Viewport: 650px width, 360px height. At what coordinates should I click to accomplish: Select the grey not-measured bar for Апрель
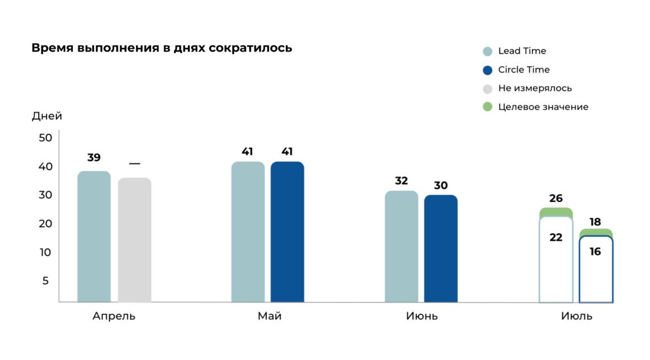tap(134, 240)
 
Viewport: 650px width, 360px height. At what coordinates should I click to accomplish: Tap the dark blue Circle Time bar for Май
tap(287, 232)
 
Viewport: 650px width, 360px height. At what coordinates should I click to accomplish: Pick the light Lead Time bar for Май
tap(248, 232)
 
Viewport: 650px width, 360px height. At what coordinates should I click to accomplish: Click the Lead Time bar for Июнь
tap(401, 247)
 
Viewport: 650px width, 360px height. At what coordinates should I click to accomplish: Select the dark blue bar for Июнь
tap(441, 249)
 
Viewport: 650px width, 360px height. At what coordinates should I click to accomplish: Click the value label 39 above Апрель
tap(94, 158)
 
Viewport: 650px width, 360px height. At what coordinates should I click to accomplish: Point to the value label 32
tap(401, 181)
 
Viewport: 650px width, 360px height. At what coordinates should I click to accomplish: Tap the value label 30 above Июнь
tap(441, 186)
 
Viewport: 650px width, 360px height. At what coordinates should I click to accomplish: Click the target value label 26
tap(556, 198)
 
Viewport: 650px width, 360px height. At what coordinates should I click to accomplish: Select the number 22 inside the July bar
tap(556, 237)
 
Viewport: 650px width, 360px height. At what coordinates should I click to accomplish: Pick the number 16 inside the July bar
tap(595, 252)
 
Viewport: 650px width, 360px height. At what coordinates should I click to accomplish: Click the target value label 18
tap(595, 222)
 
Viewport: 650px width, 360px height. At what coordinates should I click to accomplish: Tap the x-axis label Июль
tap(576, 316)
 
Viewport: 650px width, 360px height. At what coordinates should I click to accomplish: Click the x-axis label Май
tap(269, 316)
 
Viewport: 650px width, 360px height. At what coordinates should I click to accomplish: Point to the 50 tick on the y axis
tap(45, 138)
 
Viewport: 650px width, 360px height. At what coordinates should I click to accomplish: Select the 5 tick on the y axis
tap(46, 280)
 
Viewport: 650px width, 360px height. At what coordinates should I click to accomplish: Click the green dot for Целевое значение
tap(487, 107)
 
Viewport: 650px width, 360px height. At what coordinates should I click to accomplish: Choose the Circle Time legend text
tap(523, 70)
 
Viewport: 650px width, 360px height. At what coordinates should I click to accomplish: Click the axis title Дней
tap(47, 116)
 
